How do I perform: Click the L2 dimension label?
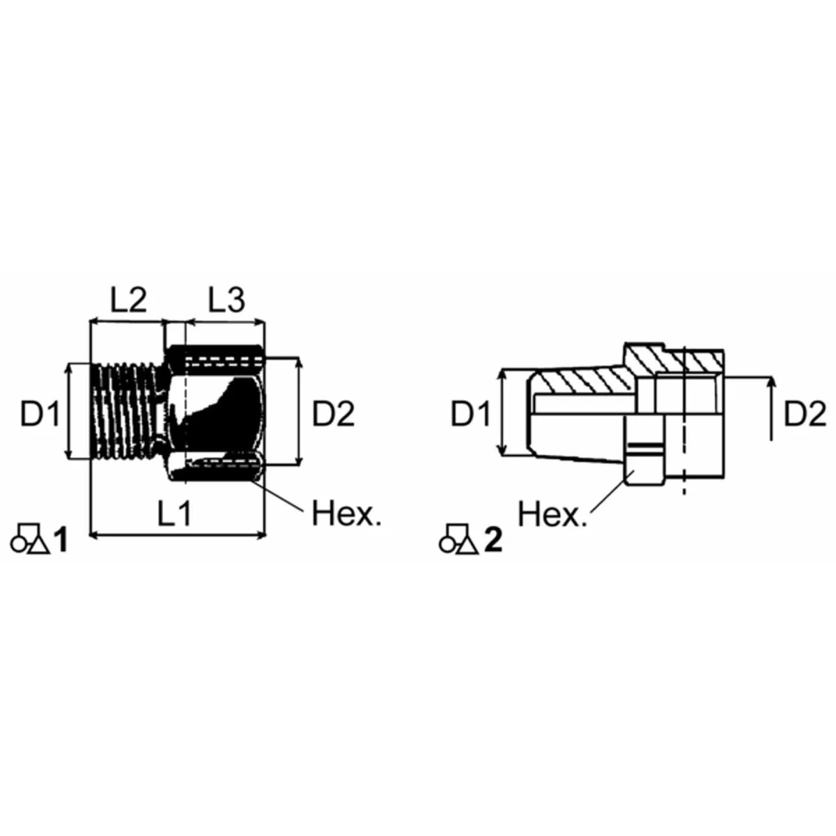[x=129, y=301]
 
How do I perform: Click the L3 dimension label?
[x=226, y=301]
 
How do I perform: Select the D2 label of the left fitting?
[x=333, y=415]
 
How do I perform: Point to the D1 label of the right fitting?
[x=472, y=415]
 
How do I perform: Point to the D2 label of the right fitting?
[x=805, y=415]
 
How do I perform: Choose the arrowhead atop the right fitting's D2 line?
[x=771, y=382]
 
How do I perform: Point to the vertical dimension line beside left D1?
[x=69, y=411]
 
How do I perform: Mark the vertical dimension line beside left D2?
[x=300, y=411]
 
